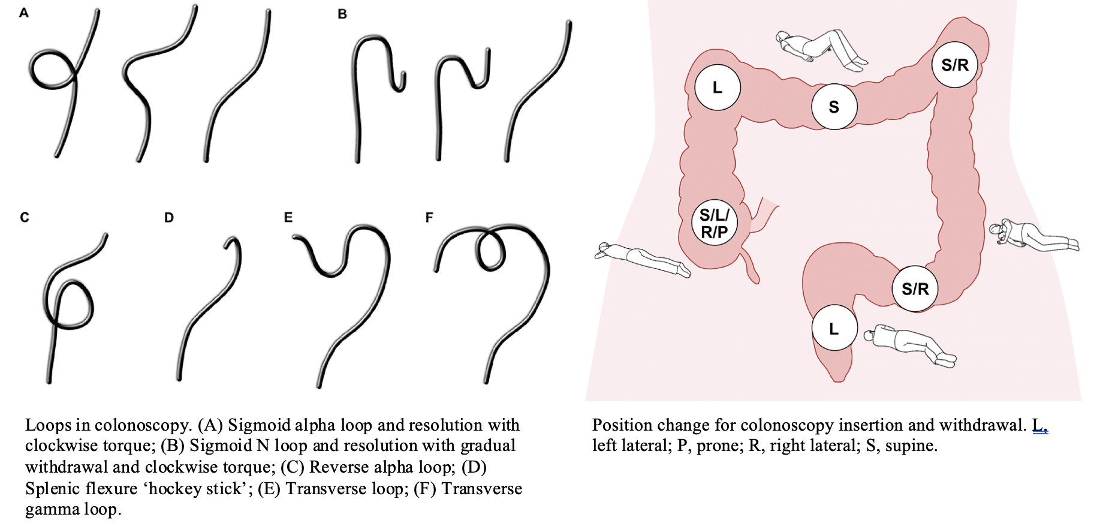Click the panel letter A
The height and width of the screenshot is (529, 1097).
coord(24,13)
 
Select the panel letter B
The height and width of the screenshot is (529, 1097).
coord(342,14)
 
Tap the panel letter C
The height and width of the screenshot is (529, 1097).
coord(25,217)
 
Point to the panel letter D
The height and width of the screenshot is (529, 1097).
coord(169,218)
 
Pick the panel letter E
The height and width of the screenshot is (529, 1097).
coord(288,217)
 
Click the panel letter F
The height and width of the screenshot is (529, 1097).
coord(429,217)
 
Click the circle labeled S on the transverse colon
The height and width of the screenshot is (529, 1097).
coord(834,107)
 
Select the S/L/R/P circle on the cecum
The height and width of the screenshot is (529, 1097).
coord(714,223)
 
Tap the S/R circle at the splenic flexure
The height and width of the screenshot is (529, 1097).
coord(954,65)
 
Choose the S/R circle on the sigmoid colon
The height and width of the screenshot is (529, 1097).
coord(915,288)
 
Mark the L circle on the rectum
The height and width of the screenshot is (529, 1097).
coord(834,329)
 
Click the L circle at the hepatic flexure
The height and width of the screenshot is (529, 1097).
coord(717,88)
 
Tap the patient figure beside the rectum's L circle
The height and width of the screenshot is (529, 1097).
coord(910,344)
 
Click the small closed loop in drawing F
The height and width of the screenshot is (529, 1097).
coord(491,251)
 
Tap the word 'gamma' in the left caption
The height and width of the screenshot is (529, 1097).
coord(52,509)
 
